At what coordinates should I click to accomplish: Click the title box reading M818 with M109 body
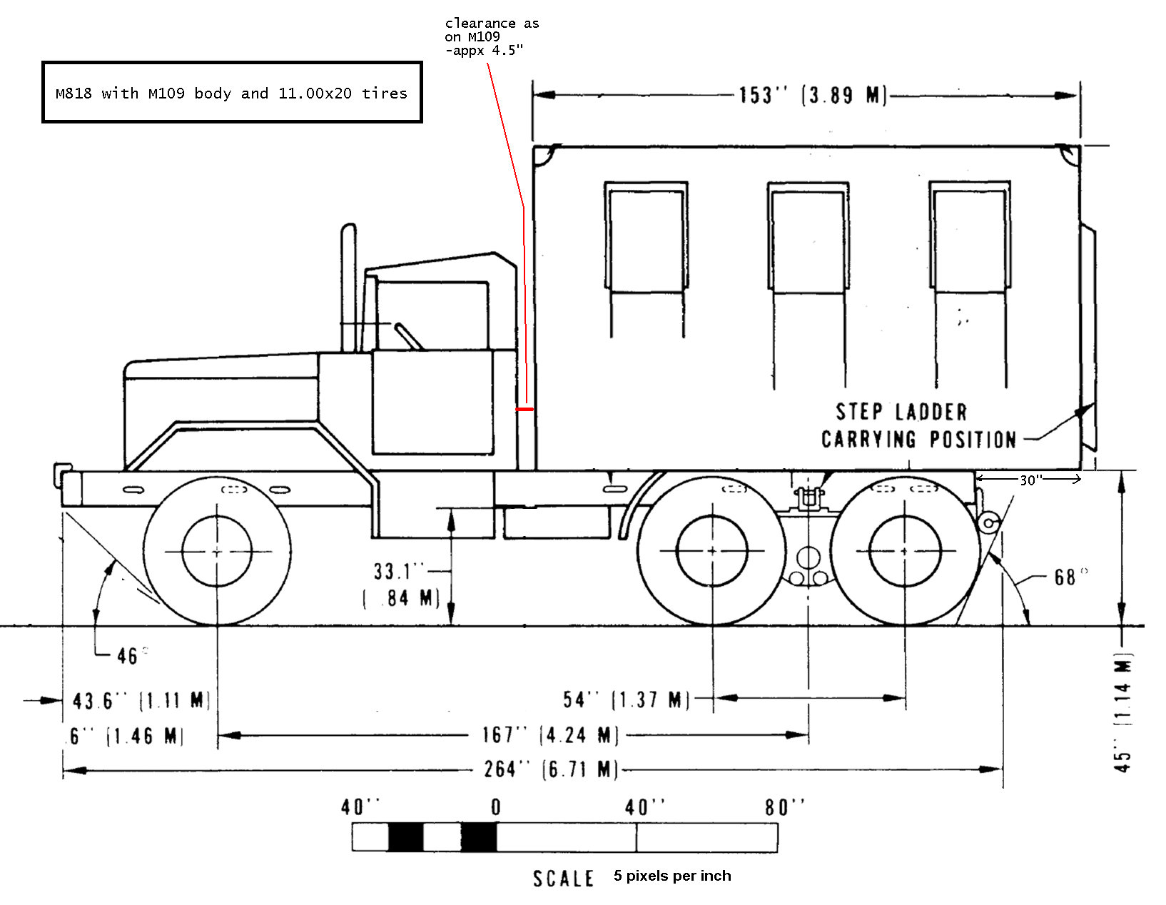pos(232,93)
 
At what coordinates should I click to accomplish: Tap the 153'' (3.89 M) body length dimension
pos(812,96)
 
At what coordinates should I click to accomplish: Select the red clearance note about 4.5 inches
pos(492,37)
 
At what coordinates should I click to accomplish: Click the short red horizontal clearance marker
pos(525,410)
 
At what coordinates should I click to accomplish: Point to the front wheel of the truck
pos(217,552)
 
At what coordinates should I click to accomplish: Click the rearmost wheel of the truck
pos(905,552)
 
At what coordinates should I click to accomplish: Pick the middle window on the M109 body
pos(808,237)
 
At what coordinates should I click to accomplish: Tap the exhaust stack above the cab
pos(349,285)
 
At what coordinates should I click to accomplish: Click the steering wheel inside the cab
pos(408,335)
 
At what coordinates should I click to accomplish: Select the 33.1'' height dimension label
pos(398,572)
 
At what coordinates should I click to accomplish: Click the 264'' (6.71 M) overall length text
pos(549,769)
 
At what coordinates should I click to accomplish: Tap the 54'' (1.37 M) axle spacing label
pos(626,700)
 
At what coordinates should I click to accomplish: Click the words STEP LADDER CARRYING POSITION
pos(918,426)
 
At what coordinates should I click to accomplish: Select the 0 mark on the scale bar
pos(496,808)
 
